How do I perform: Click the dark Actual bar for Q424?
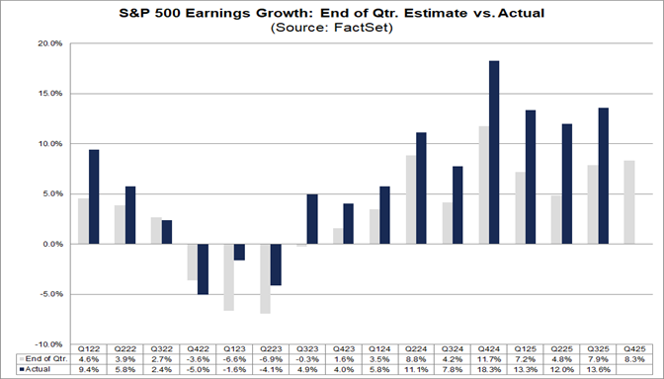493,152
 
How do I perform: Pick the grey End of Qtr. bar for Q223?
265,278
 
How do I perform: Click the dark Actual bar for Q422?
203,268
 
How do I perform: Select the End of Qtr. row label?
41,359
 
